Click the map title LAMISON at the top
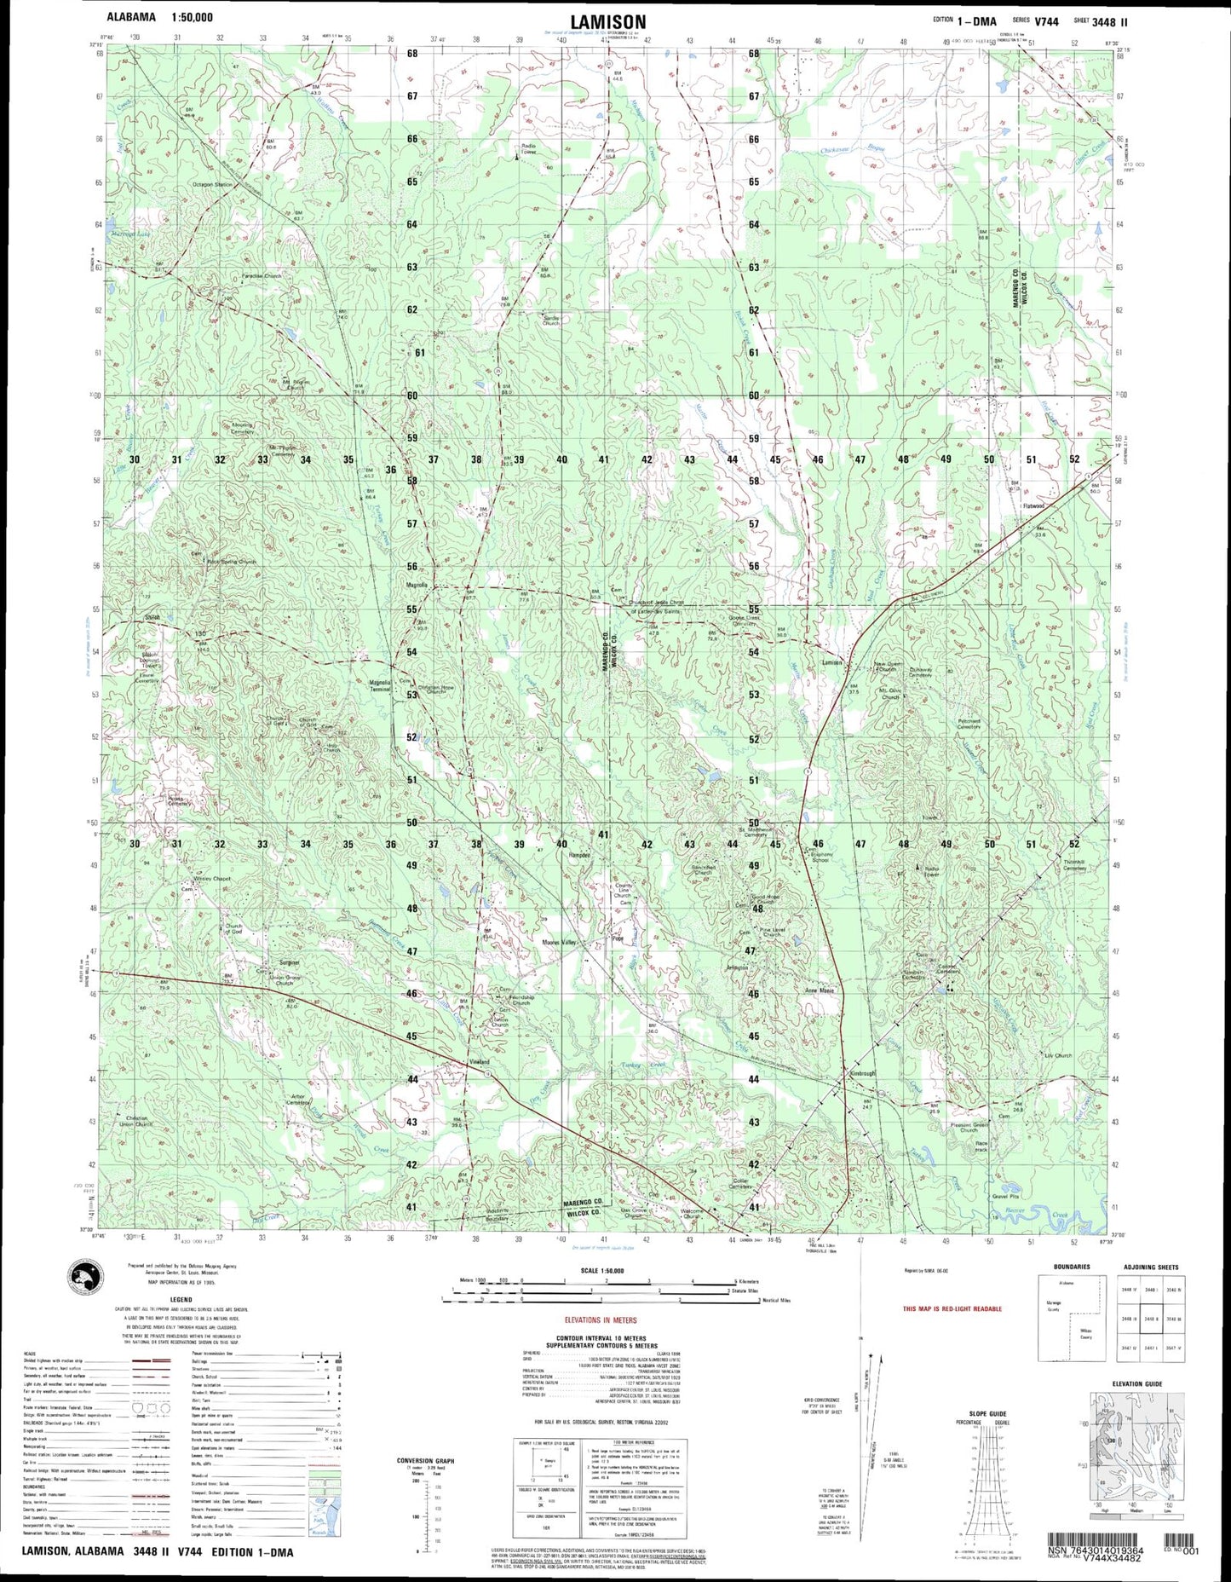pyautogui.click(x=608, y=21)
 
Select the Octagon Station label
pyautogui.click(x=212, y=184)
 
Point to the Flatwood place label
pyautogui.click(x=1033, y=505)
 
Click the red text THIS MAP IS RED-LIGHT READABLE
pyautogui.click(x=952, y=1308)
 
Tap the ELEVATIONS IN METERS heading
pyautogui.click(x=607, y=1320)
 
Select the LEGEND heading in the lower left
pyautogui.click(x=169, y=1300)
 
